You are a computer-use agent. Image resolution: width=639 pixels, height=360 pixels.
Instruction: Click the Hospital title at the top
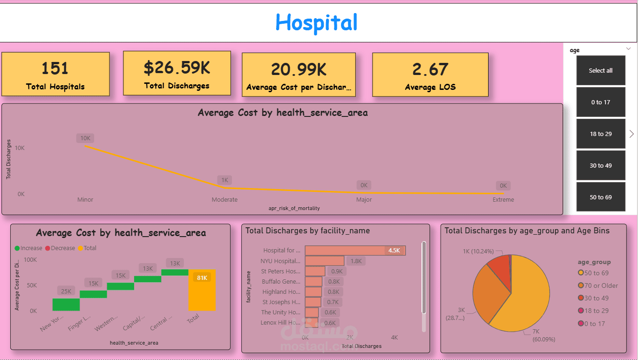pyautogui.click(x=316, y=22)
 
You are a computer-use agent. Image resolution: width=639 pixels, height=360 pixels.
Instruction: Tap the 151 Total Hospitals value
pyautogui.click(x=55, y=68)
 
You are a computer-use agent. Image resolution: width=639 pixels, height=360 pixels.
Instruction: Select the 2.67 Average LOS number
pyautogui.click(x=430, y=69)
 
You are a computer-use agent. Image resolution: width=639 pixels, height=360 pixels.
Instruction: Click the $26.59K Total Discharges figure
pyautogui.click(x=177, y=68)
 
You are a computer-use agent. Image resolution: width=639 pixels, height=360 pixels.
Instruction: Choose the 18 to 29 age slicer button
pyautogui.click(x=600, y=134)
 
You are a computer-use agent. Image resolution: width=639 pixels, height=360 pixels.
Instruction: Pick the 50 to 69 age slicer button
pyautogui.click(x=600, y=197)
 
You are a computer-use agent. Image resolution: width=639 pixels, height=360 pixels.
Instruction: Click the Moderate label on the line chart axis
pyautogui.click(x=224, y=200)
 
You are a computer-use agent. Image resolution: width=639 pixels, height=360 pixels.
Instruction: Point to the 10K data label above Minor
pyautogui.click(x=85, y=138)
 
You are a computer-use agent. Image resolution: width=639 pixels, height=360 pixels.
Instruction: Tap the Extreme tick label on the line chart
pyautogui.click(x=503, y=200)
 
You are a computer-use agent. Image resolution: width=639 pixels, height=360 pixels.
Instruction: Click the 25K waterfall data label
pyautogui.click(x=66, y=292)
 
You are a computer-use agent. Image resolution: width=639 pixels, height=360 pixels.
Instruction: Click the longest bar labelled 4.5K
pyautogui.click(x=355, y=251)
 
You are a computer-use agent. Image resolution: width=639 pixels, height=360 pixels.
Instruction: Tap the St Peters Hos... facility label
pyautogui.click(x=280, y=272)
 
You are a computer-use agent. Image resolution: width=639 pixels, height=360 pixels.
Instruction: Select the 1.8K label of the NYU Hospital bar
pyautogui.click(x=356, y=261)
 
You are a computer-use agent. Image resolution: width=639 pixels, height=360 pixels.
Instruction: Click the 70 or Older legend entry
pyautogui.click(x=601, y=285)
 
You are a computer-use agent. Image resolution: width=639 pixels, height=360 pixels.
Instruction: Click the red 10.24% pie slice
pyautogui.click(x=500, y=265)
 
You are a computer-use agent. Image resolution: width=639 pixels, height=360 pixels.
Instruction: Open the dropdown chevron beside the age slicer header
pyautogui.click(x=628, y=48)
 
